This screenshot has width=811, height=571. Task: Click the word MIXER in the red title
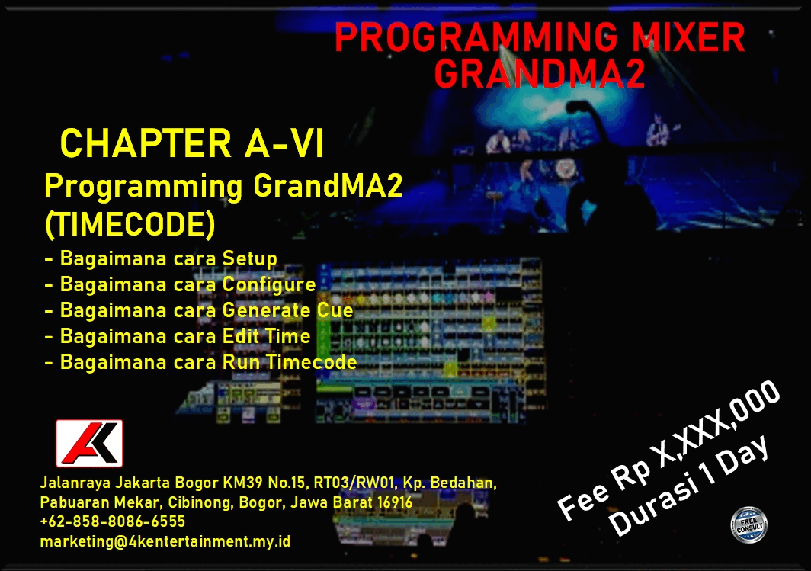(x=688, y=38)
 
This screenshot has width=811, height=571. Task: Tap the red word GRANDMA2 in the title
(x=540, y=73)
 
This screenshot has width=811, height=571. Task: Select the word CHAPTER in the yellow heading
(x=146, y=143)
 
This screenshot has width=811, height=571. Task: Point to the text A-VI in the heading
(x=284, y=143)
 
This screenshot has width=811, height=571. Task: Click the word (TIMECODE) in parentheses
(x=130, y=224)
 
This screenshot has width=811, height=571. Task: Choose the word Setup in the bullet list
(x=250, y=258)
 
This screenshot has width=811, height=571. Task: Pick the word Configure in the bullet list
(x=269, y=285)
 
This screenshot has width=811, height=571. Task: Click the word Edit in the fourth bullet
(x=240, y=336)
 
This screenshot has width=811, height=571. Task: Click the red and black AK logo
(x=89, y=443)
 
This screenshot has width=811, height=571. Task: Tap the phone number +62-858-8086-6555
(x=113, y=521)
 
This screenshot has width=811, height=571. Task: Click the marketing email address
(x=165, y=541)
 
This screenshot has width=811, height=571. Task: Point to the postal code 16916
(x=395, y=502)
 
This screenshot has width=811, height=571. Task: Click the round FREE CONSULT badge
(x=749, y=525)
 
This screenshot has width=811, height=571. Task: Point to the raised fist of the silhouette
(x=579, y=107)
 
